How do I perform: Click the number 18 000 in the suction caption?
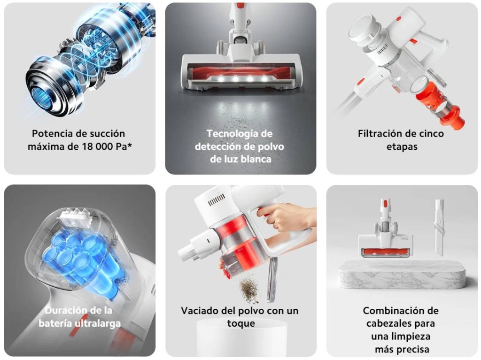pyautogui.click(x=99, y=146)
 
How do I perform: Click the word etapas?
pyautogui.click(x=402, y=146)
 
